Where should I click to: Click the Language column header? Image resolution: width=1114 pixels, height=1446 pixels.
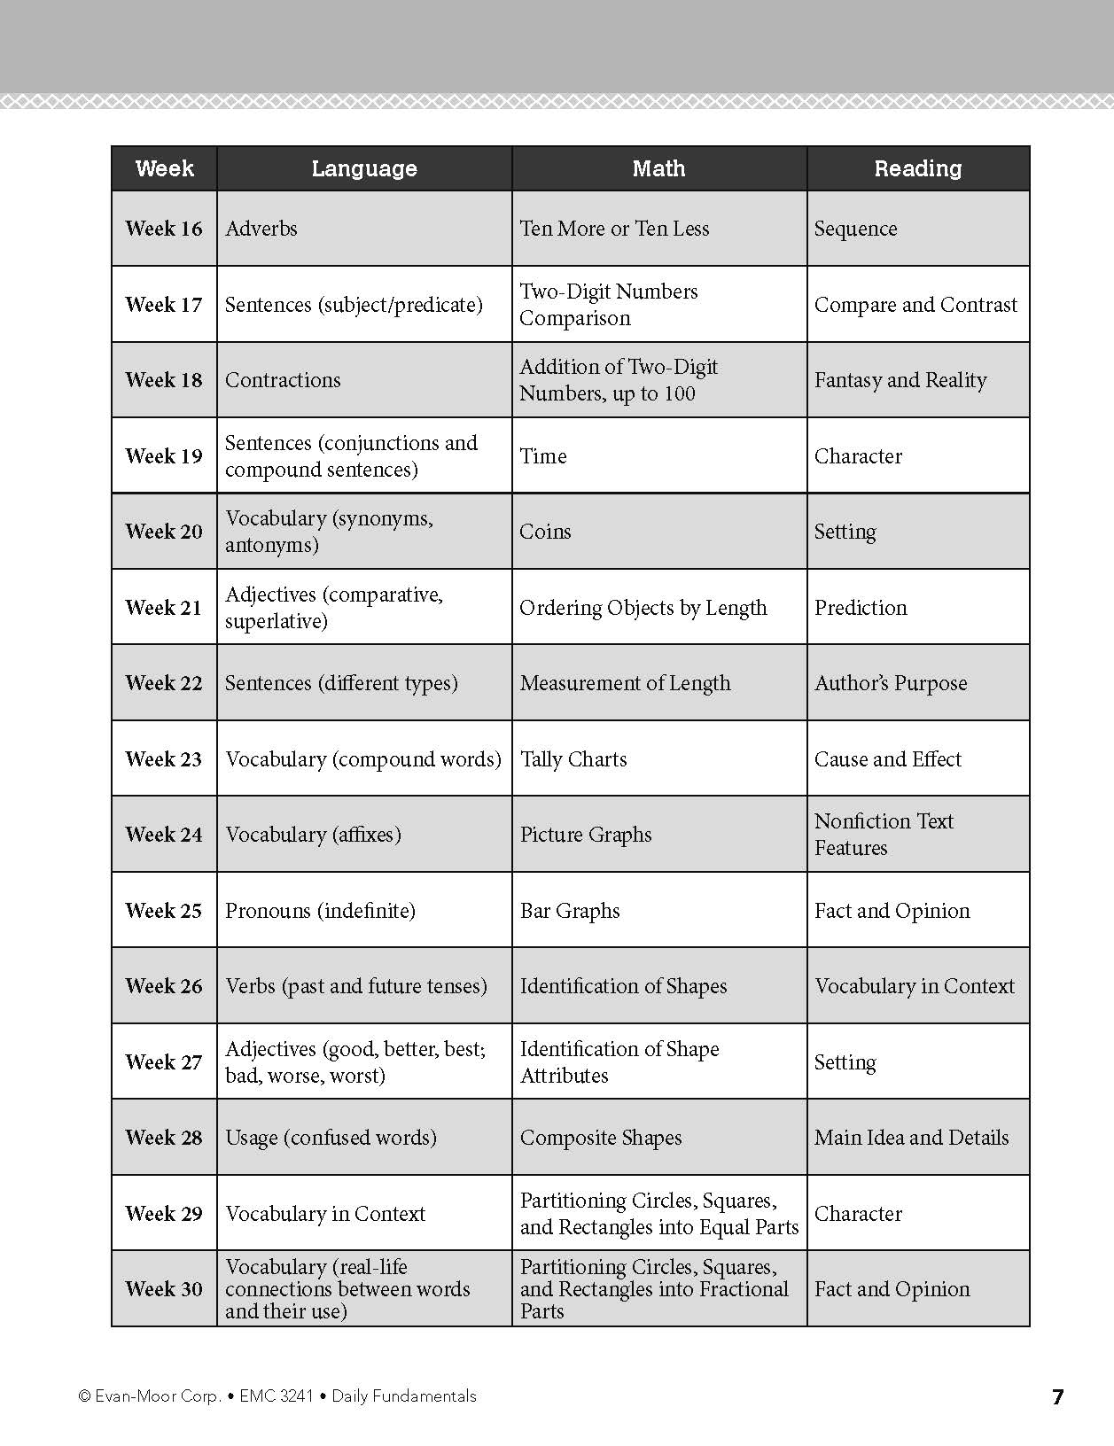(364, 168)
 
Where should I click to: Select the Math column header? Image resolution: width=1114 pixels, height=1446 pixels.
(658, 168)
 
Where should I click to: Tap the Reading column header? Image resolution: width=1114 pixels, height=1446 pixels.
(917, 168)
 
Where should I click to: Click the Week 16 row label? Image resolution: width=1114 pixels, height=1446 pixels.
(164, 229)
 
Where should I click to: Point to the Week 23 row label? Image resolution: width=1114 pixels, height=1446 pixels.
(164, 759)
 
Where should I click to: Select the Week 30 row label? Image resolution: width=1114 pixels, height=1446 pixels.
(164, 1289)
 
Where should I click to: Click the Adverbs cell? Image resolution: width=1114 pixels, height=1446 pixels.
(261, 229)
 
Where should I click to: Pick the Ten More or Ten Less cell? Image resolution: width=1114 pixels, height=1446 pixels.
(614, 229)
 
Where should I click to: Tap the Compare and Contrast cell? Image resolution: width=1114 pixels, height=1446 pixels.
(915, 305)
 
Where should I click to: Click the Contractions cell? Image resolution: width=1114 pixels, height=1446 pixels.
(283, 380)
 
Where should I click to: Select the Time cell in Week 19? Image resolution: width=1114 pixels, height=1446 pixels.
(543, 456)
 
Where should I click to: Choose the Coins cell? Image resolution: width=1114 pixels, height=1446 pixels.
(545, 532)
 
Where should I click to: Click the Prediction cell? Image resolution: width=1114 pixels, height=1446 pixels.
(861, 608)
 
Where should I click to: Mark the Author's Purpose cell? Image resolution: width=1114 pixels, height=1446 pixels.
(891, 683)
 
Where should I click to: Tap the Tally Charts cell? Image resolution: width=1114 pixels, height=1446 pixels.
(573, 759)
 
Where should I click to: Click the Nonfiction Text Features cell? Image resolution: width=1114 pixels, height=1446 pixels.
(884, 835)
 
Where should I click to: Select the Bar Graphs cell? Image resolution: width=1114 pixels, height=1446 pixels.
(570, 911)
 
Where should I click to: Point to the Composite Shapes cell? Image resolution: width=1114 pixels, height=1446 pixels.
(601, 1138)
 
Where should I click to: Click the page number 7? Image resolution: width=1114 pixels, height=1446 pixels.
(1056, 1397)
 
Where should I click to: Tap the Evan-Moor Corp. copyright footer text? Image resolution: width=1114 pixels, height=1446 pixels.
(277, 1396)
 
